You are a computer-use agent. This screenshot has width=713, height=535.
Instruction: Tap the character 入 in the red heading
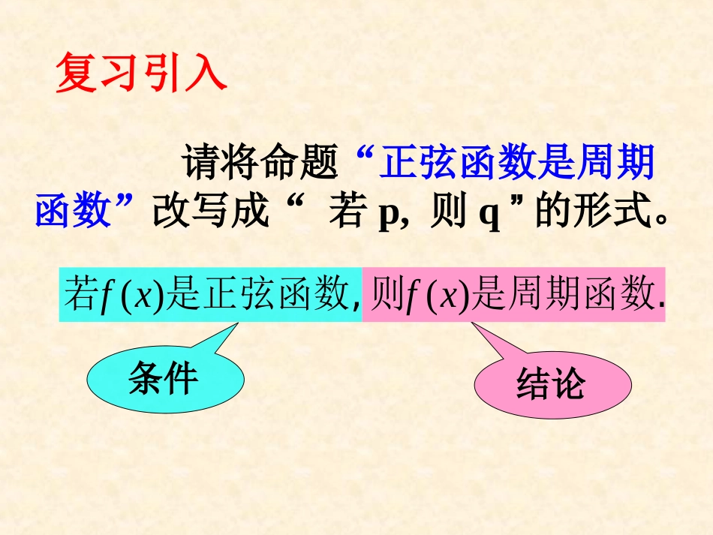206,73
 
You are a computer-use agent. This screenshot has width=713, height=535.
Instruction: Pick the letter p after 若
388,216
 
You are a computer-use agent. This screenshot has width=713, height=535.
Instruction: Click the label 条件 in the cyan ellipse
163,377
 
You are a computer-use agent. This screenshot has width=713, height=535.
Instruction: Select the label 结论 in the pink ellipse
551,384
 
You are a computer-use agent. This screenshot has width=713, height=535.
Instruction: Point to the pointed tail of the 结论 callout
472,323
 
